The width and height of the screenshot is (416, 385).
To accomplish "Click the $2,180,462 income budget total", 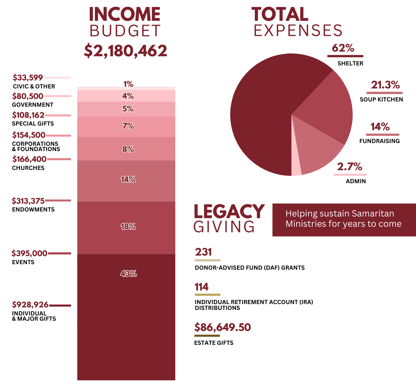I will (126, 51).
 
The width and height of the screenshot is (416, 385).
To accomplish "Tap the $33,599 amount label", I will (27, 77).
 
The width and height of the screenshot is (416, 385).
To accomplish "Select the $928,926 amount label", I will (30, 305).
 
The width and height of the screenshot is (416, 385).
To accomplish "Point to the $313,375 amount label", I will (28, 201).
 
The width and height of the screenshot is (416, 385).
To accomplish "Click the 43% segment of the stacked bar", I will (126, 316).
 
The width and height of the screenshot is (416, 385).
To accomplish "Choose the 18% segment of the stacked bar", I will (126, 227).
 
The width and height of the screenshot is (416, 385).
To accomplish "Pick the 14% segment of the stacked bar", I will (126, 180).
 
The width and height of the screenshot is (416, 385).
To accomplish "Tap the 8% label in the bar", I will (128, 149).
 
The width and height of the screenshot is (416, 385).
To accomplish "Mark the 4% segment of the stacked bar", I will (126, 96).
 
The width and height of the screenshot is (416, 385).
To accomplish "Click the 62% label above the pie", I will (343, 48).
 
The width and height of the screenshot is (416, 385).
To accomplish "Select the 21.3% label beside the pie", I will (385, 85).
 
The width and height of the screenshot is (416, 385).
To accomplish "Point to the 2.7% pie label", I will (349, 167).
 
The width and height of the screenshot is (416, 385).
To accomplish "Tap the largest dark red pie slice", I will (266, 116).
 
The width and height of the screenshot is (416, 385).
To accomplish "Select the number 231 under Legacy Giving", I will (203, 252).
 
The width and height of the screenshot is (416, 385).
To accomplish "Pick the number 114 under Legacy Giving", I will (202, 287).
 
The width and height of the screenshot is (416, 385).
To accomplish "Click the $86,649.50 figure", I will (222, 327).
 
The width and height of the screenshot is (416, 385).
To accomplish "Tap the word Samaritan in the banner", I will (372, 213).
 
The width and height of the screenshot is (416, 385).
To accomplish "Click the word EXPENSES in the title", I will (298, 30).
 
